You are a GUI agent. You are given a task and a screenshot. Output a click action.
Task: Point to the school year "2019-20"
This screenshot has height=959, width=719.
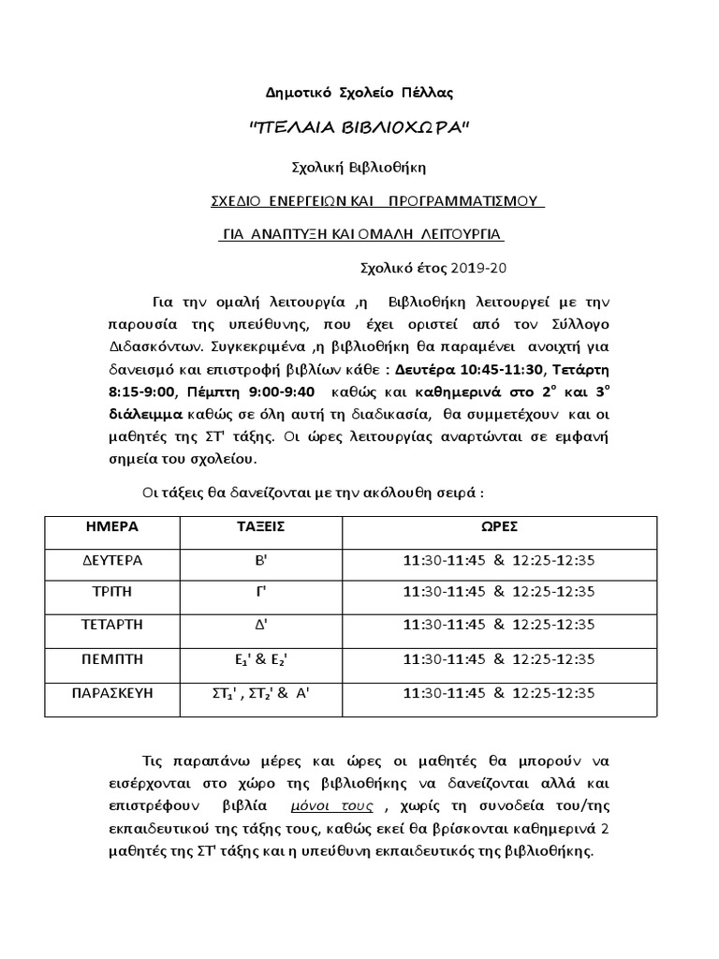(x=478, y=268)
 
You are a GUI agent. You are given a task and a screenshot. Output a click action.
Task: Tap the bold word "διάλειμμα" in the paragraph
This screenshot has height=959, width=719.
(x=144, y=412)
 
